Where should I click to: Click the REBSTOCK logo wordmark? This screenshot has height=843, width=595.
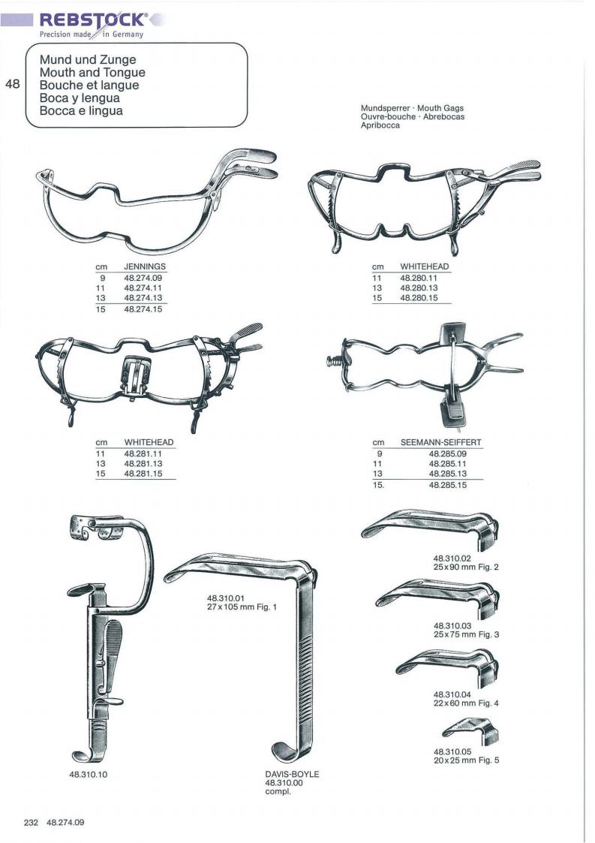92,20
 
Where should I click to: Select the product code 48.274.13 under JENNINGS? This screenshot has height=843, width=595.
143,298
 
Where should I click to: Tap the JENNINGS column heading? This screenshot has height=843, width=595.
145,266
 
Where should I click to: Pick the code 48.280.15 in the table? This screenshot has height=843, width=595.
419,298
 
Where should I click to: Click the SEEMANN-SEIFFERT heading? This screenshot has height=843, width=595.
440,442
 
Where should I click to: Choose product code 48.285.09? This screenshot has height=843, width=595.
448,453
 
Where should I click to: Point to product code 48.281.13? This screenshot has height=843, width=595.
143,463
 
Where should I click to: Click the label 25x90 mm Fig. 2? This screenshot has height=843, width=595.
466,568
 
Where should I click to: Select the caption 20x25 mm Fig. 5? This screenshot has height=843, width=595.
466,760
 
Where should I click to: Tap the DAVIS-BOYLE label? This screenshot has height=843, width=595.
292,774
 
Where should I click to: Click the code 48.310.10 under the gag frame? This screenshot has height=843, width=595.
88,775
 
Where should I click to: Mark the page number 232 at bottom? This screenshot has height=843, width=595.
32,823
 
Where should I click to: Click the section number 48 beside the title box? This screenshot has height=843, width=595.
12,84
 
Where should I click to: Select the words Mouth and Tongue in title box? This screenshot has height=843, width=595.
92,73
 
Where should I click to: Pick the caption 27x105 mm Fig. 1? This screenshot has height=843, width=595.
242,607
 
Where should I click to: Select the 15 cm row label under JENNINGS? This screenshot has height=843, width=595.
101,310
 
